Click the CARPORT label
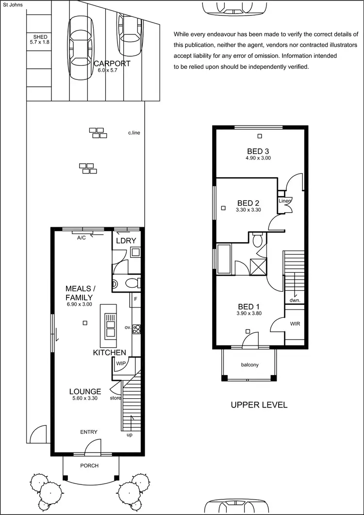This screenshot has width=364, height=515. (x=112, y=63)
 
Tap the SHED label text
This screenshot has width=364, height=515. (x=40, y=37)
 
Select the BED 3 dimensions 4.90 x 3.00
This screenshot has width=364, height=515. (x=258, y=158)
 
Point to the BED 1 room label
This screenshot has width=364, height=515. (x=248, y=307)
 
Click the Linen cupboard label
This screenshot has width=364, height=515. (x=284, y=201)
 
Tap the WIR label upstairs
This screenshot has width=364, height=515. (x=295, y=323)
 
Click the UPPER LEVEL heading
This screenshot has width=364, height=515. (x=259, y=405)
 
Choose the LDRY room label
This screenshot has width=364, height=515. (x=126, y=241)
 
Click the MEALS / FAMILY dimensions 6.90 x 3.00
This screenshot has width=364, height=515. (x=79, y=304)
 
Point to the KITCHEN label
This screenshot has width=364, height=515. (x=109, y=353)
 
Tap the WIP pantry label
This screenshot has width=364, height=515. (x=121, y=363)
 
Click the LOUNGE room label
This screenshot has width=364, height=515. (x=85, y=391)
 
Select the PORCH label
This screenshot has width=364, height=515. (x=89, y=466)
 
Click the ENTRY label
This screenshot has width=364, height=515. (x=89, y=432)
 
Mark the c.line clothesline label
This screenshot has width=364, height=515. (x=134, y=133)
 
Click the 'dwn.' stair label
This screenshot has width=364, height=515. (x=295, y=300)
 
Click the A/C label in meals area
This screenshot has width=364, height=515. (x=82, y=238)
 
